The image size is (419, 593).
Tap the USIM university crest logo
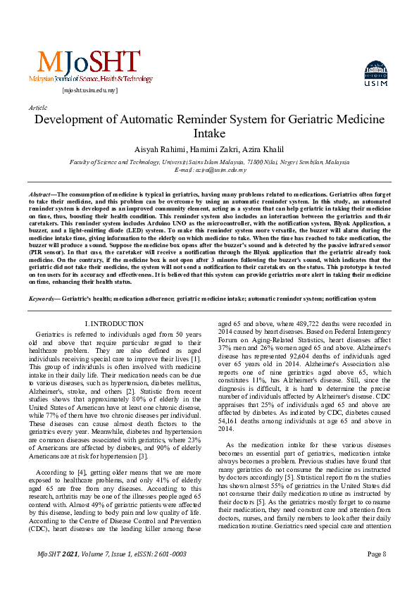click(375, 74)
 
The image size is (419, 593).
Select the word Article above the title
click(37, 107)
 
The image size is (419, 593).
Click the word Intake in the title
click(209, 133)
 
